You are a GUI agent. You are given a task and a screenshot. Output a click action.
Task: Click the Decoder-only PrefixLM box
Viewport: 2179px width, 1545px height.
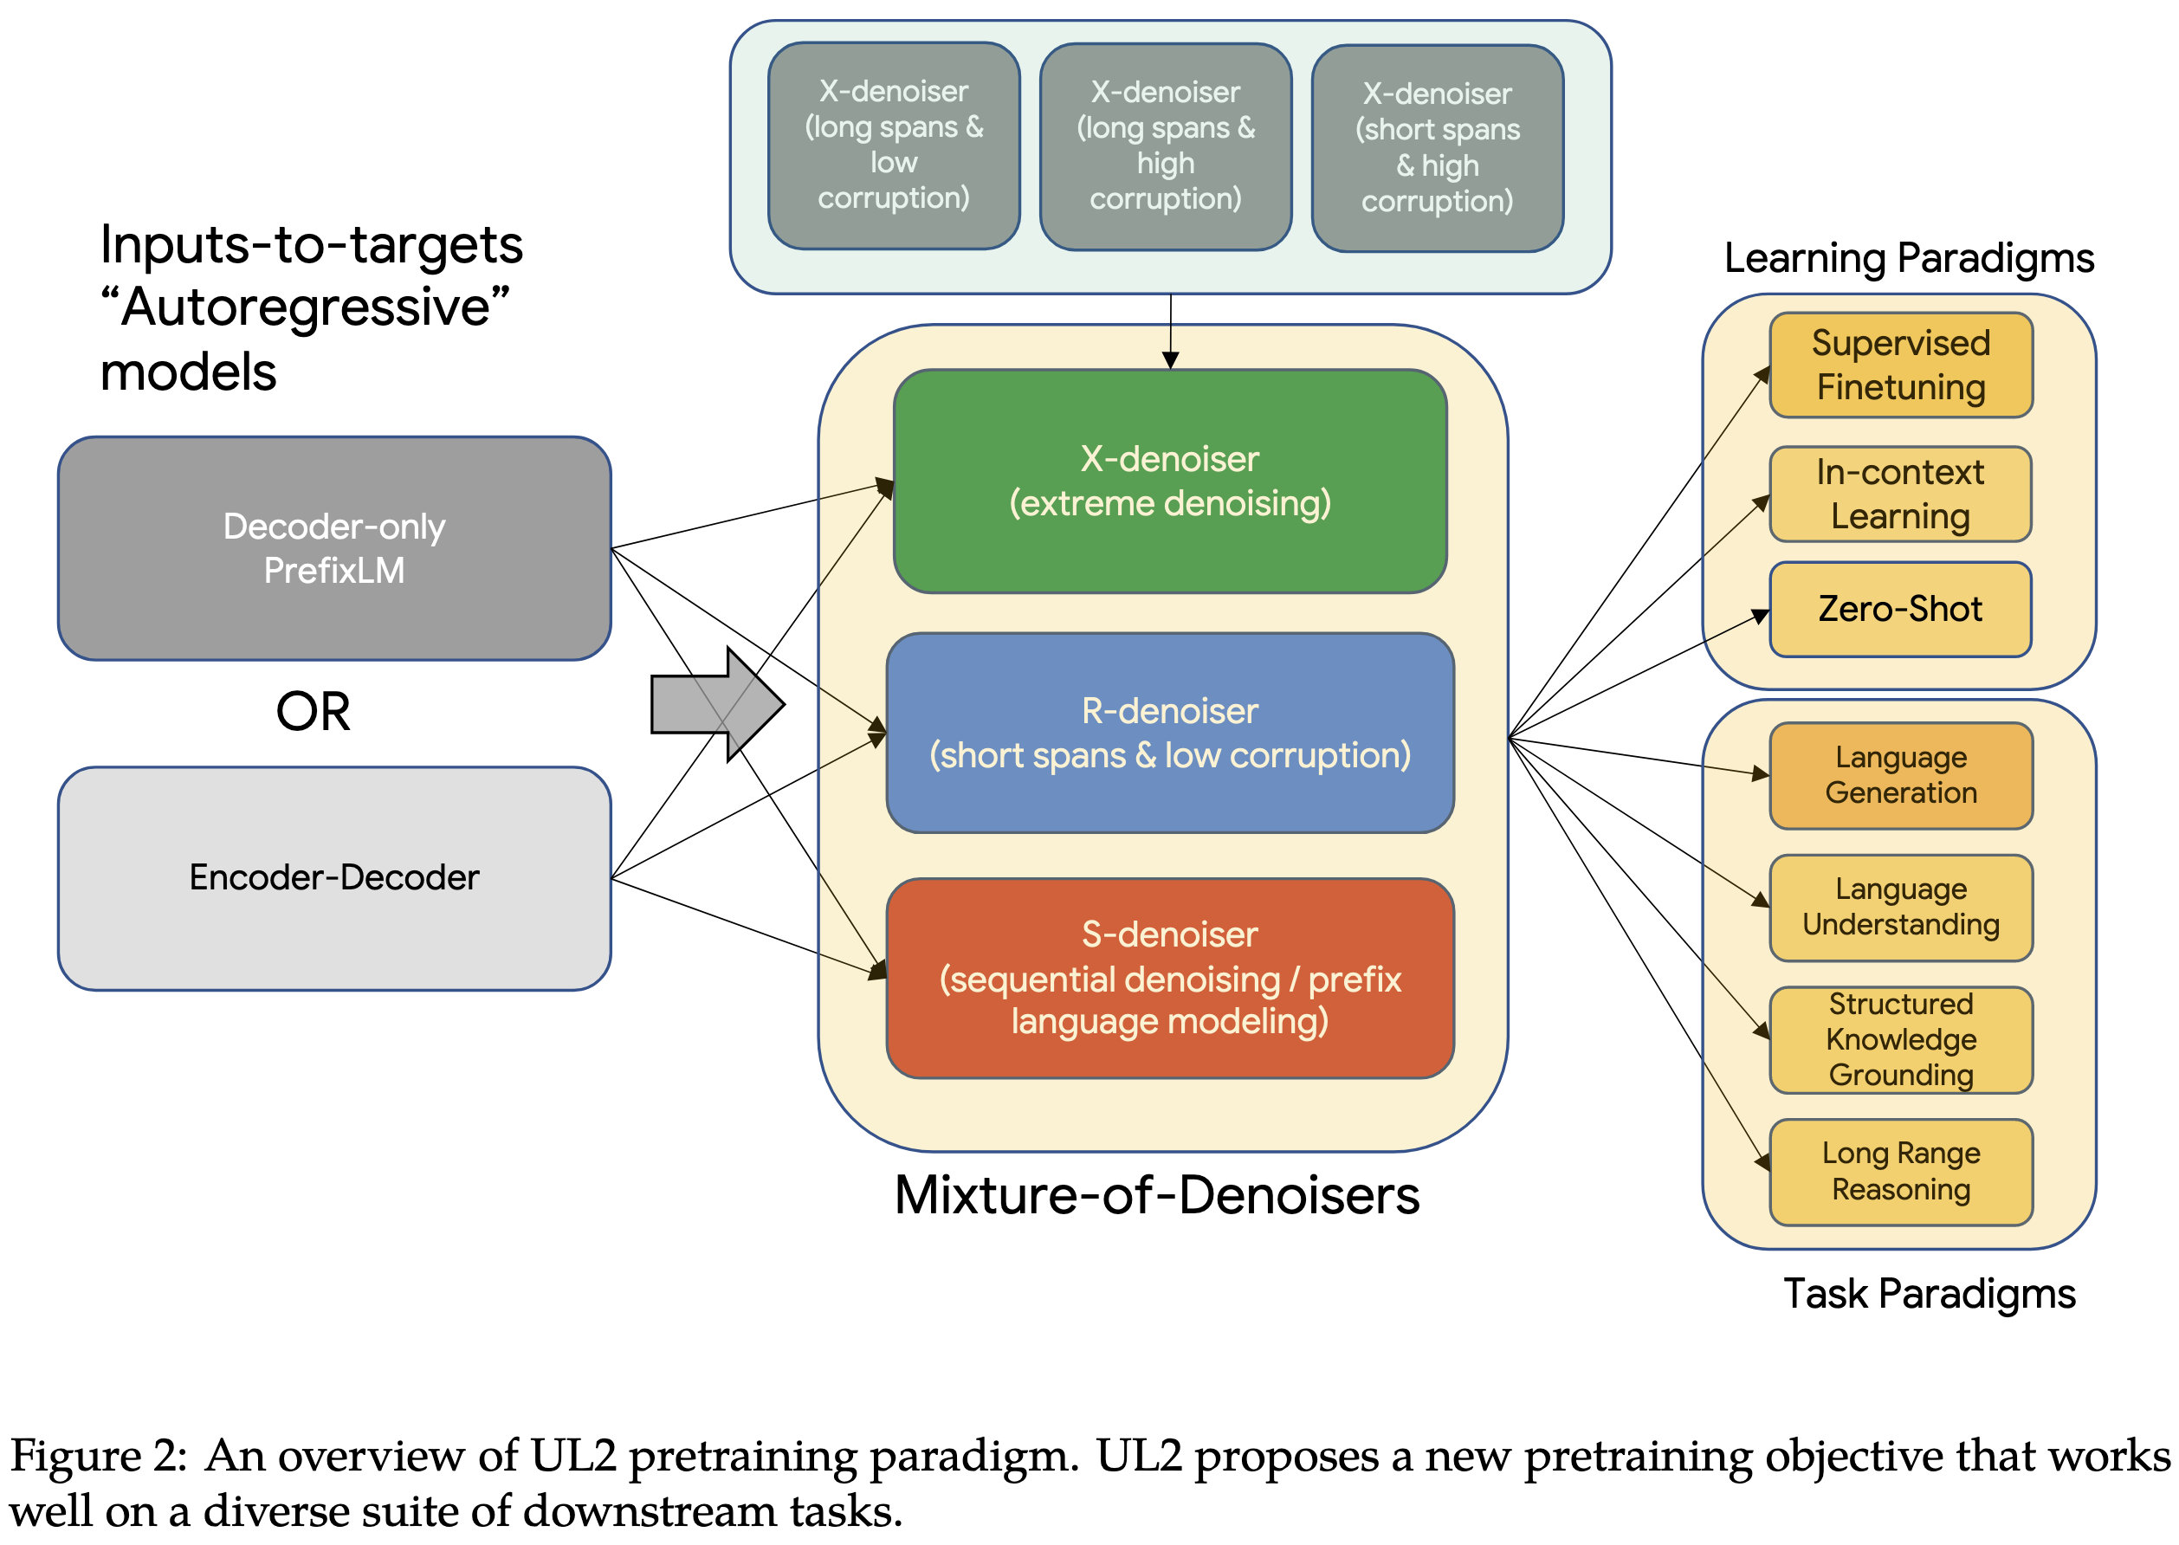[x=333, y=549]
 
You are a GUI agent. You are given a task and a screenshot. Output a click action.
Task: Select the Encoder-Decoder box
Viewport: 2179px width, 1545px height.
[x=333, y=878]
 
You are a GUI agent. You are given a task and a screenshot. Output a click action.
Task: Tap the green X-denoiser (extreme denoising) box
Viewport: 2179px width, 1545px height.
[x=1169, y=482]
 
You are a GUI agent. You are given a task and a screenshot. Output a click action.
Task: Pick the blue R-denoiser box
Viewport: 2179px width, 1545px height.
[x=1169, y=734]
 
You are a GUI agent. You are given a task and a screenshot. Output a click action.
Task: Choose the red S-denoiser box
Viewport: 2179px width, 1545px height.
[x=1169, y=978]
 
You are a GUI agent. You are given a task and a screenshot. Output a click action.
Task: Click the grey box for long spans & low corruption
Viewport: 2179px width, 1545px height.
[x=893, y=145]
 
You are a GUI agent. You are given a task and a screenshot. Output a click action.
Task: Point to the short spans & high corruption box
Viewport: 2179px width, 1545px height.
[x=1436, y=148]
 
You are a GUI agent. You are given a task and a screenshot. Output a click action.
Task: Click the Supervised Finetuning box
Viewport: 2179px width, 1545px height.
[x=1899, y=365]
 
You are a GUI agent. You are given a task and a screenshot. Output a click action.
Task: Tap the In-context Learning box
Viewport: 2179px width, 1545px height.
[x=1899, y=494]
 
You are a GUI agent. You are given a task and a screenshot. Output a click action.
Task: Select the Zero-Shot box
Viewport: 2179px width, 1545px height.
[x=1899, y=610]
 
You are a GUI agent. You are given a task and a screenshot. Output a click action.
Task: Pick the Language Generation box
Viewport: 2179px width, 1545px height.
[x=1899, y=775]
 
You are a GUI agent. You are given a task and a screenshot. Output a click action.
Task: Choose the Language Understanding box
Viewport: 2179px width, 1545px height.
[x=1899, y=908]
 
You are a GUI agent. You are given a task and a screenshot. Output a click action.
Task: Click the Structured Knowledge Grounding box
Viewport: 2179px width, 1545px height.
[x=1899, y=1040]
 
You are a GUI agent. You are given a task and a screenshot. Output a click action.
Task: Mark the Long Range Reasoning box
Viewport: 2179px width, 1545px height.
[x=1899, y=1172]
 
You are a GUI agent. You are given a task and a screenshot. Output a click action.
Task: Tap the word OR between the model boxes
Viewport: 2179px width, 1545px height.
[x=313, y=712]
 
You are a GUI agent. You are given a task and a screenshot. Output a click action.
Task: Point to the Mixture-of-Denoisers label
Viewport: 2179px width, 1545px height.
[x=1156, y=1196]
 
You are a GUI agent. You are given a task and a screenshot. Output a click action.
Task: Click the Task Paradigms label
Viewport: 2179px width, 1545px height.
[x=1928, y=1295]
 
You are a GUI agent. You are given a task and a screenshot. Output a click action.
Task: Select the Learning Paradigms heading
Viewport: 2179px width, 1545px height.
[x=1908, y=259]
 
